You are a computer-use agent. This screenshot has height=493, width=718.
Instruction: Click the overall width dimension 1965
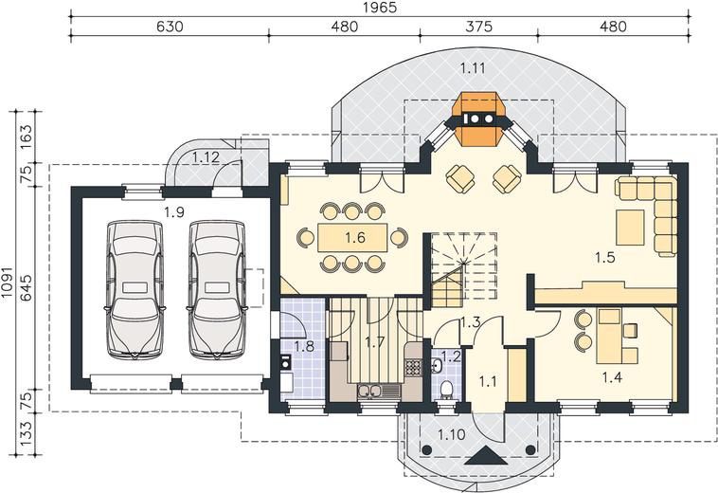coord(380,8)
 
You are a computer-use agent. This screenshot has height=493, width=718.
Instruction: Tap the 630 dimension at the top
coord(170,27)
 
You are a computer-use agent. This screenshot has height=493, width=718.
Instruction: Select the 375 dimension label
coord(479,27)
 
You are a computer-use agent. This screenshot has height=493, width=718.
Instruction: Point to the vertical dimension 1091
coord(8,283)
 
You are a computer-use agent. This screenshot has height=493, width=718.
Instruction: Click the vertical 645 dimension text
coord(27,287)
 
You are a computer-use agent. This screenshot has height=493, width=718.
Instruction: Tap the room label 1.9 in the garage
coord(174,212)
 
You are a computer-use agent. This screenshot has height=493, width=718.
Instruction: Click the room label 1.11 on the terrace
coord(473,68)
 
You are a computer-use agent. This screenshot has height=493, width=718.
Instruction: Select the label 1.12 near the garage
coord(206,157)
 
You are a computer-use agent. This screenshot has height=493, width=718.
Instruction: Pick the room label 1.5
coord(604,258)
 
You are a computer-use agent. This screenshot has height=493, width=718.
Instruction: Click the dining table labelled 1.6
coord(352,237)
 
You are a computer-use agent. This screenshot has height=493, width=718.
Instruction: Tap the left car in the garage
coord(135,290)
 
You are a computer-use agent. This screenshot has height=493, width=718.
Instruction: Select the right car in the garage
coord(217,290)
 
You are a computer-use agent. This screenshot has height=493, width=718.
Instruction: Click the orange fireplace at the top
coord(479,119)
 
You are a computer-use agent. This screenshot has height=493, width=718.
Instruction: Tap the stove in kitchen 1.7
coord(413,368)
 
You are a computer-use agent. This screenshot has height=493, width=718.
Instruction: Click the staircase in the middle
coord(464,270)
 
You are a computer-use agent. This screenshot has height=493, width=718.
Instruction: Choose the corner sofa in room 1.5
coord(647,214)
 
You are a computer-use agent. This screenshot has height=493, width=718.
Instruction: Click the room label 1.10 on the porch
coord(452,434)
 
